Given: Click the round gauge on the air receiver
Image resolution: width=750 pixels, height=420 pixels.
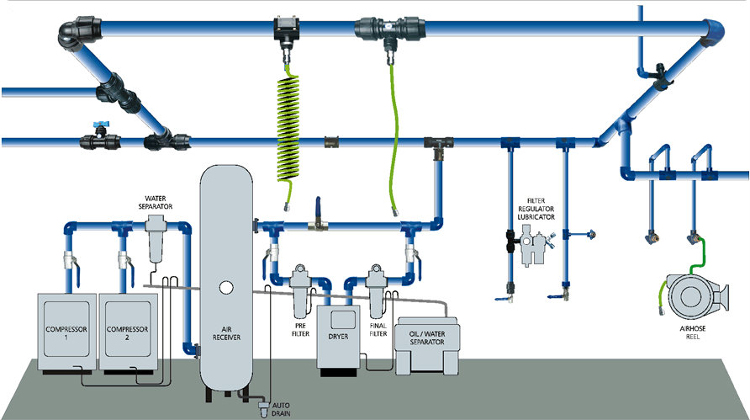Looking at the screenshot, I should [x=225, y=287].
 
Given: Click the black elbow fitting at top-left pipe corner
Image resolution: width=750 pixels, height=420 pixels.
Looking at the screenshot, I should [x=71, y=34].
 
